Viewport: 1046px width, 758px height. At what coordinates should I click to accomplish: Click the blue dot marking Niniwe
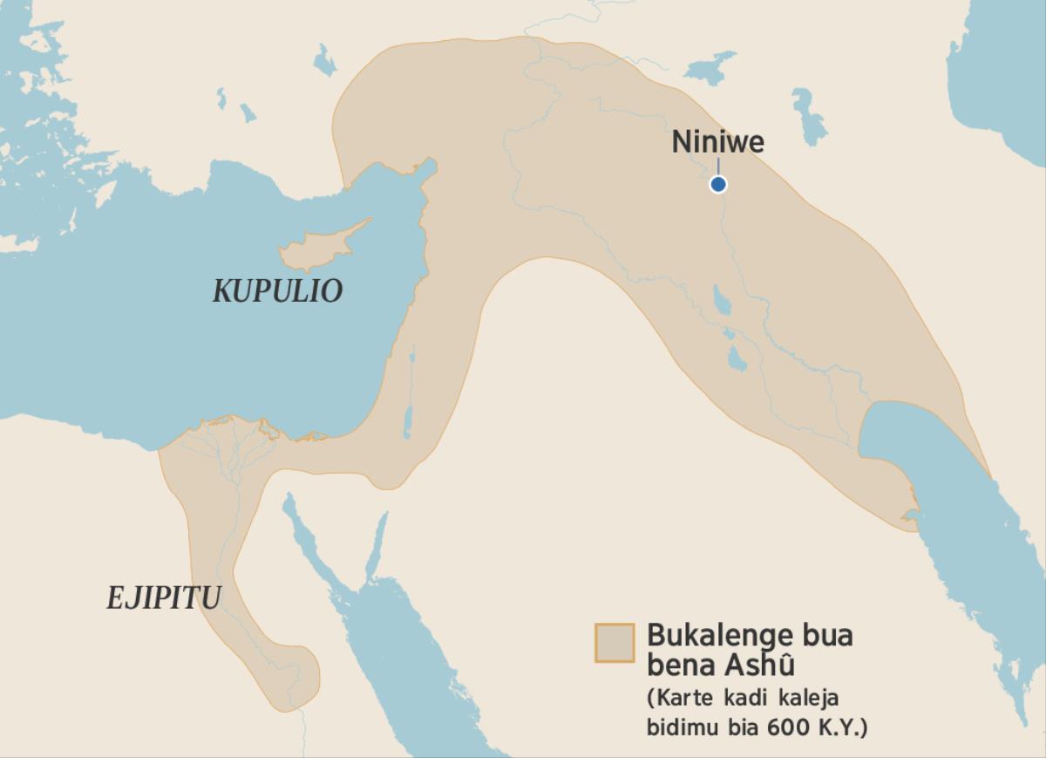coord(717,184)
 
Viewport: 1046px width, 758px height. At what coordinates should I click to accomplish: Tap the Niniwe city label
coord(717,142)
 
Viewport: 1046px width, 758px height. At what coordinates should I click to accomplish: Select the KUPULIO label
coord(277,291)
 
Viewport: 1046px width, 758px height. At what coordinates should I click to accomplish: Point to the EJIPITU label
coord(164,598)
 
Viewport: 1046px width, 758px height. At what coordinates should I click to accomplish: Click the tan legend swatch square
coord(614,643)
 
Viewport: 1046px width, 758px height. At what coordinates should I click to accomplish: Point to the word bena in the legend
coord(676,665)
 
